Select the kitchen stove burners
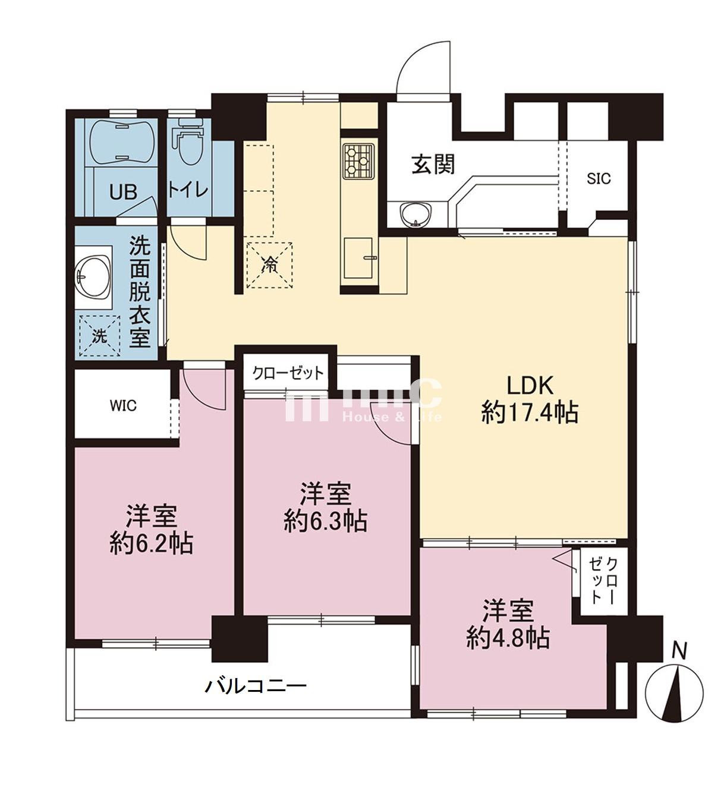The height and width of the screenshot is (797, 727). tap(358, 160)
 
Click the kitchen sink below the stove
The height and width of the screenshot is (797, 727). tap(358, 256)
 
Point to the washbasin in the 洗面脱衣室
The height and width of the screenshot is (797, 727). tap(94, 277)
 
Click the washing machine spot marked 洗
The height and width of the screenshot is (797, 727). tap(98, 336)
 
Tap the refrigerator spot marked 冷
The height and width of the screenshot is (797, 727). tap(269, 264)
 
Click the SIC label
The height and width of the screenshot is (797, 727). tap(599, 178)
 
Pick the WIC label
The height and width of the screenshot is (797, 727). tap(123, 406)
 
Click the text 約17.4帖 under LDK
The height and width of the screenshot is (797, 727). tap(530, 412)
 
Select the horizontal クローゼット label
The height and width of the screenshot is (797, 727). tap(288, 373)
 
